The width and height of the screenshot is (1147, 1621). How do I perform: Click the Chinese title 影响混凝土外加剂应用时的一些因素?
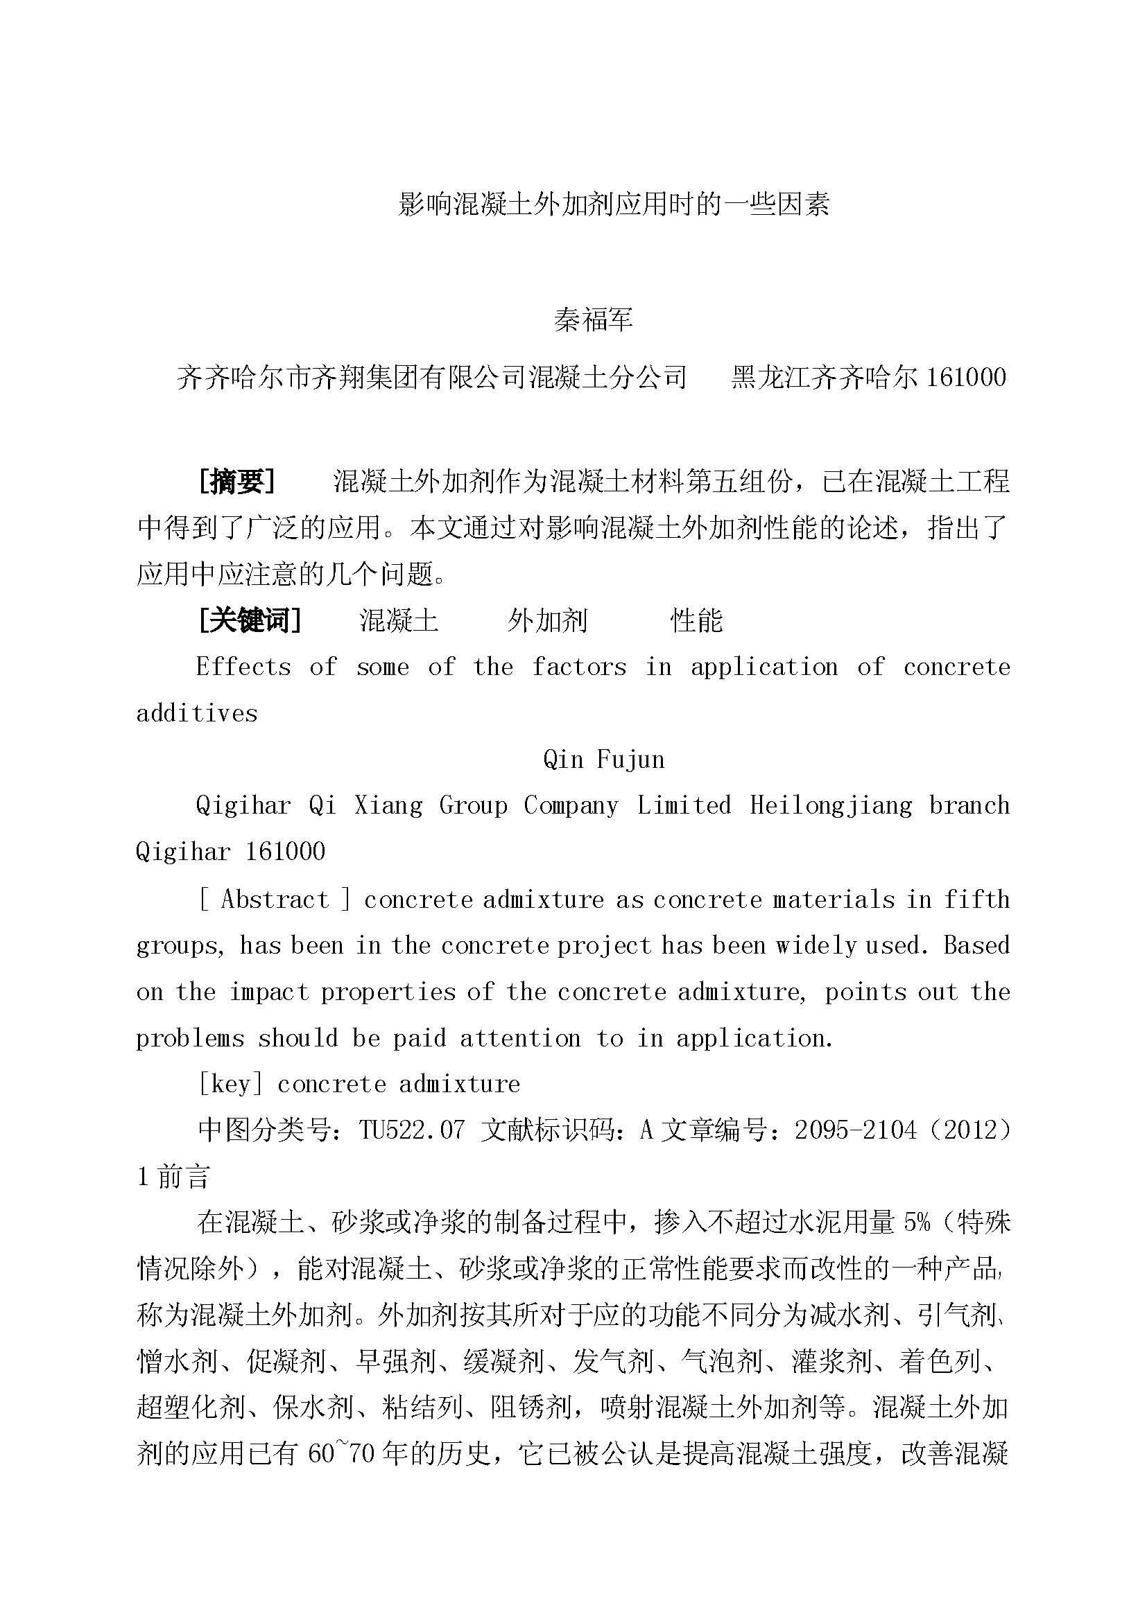[613, 204]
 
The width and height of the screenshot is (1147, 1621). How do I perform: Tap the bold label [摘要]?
[236, 482]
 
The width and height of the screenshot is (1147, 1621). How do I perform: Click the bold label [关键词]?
[250, 620]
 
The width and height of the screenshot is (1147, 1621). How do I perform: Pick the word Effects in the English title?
[243, 667]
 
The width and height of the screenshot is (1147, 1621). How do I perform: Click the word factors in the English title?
[579, 667]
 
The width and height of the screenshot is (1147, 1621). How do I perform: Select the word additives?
[196, 714]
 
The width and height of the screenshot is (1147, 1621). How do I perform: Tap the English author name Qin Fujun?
[604, 760]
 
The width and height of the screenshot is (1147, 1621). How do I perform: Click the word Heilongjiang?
[831, 805]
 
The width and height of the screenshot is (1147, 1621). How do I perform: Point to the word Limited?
[684, 805]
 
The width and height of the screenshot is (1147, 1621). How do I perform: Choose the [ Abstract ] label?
[275, 900]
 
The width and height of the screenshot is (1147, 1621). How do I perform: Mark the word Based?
[976, 945]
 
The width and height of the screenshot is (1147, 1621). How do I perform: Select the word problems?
[190, 1038]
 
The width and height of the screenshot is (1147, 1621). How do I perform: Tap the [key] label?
[230, 1084]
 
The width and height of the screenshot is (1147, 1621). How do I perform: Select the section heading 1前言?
[173, 1177]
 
